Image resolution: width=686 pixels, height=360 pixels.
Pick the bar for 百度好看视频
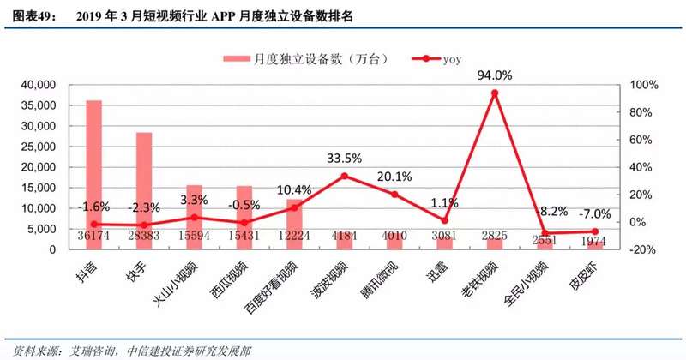(x=294, y=223)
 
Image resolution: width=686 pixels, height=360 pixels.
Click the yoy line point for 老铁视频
(x=494, y=93)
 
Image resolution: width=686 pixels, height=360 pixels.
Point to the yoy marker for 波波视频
(x=344, y=176)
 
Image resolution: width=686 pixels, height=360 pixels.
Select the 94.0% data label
(x=495, y=75)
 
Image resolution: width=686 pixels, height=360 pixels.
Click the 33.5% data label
(x=344, y=158)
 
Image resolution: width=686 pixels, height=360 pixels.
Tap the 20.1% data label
(x=394, y=177)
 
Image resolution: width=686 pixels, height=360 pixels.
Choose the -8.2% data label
(x=546, y=210)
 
